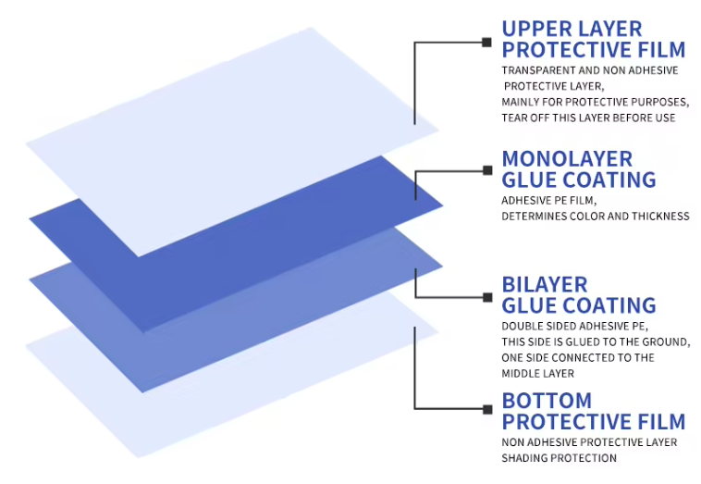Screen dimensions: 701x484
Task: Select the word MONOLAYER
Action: tap(567, 159)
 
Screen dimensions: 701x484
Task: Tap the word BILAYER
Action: tap(545, 284)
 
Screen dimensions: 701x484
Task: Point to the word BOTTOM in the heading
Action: tap(547, 401)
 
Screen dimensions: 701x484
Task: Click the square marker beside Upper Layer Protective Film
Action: tap(486, 43)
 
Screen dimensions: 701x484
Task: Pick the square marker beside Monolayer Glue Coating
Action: tap(487, 170)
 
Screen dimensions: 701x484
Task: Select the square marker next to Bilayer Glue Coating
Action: tap(487, 297)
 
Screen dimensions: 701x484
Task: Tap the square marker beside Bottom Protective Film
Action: tap(487, 409)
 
